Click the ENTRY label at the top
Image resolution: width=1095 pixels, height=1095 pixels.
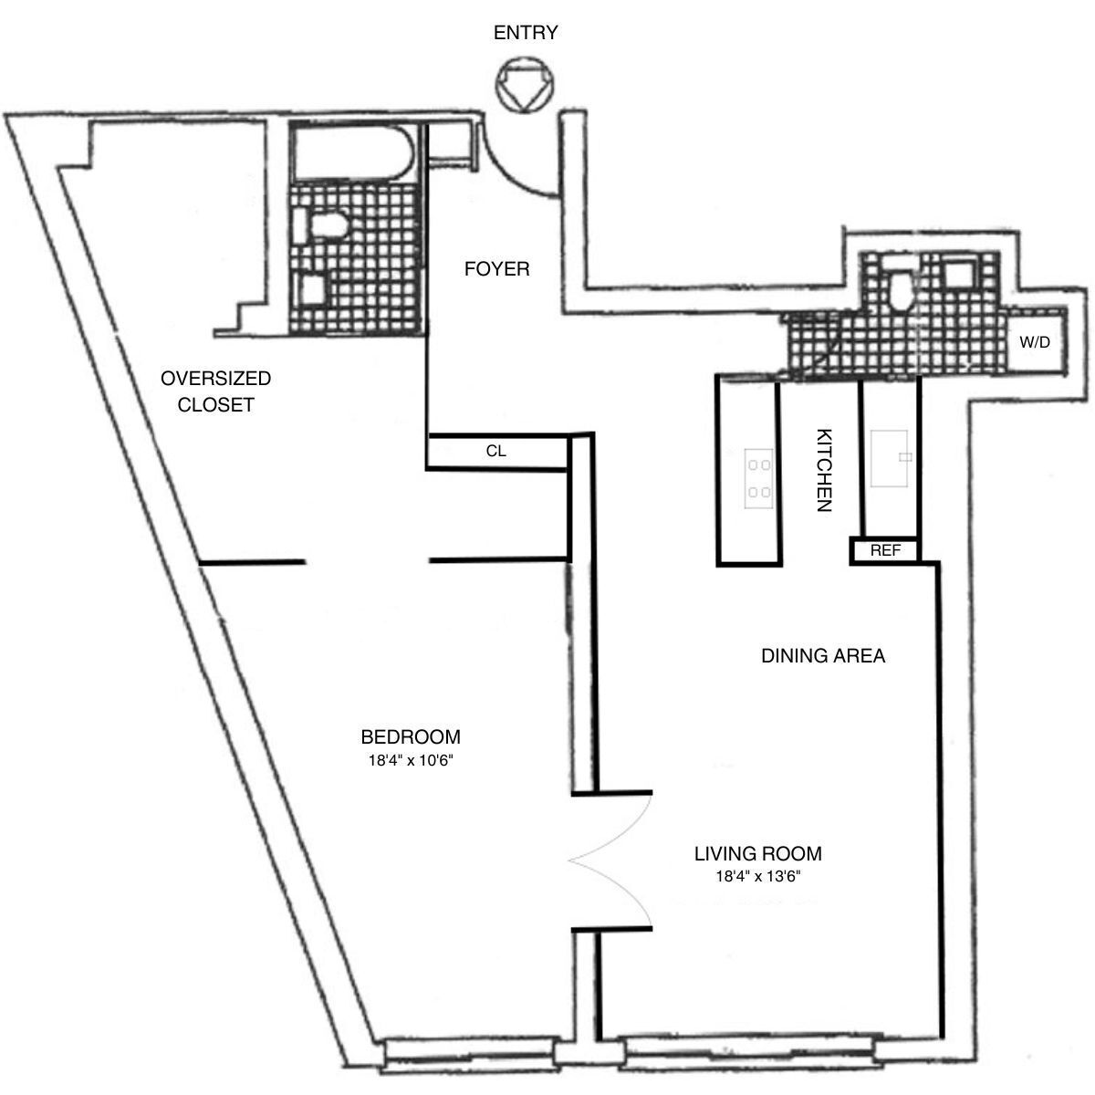point(525,34)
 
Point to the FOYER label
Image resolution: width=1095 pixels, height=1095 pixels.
point(496,269)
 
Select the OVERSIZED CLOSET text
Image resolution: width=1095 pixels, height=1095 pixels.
point(215,391)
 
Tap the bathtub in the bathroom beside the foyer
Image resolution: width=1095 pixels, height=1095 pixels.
point(352,156)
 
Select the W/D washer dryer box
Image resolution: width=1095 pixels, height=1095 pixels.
point(1034,344)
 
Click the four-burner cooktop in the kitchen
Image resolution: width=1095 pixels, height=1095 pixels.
point(758,479)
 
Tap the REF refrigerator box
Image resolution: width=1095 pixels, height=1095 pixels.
point(884,551)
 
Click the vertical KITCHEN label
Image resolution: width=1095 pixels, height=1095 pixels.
point(823,470)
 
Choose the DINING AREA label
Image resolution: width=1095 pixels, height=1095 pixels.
point(823,655)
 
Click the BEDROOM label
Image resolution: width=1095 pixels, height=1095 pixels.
point(410,736)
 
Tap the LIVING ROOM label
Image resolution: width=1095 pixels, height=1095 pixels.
point(757,854)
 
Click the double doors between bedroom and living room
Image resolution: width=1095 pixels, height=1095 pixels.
point(611,860)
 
